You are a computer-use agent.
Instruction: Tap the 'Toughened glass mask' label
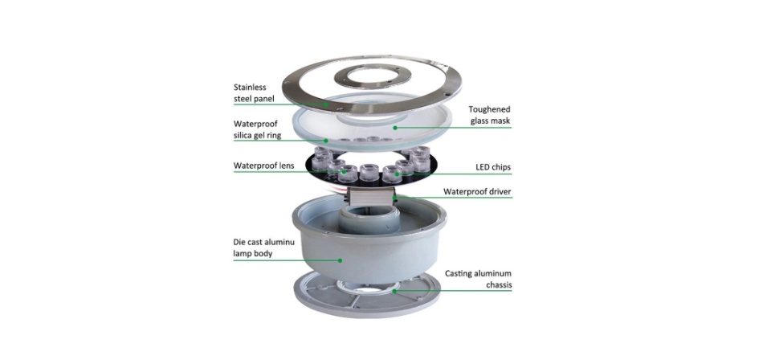[x=489, y=115]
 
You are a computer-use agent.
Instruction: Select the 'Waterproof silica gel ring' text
[x=257, y=130]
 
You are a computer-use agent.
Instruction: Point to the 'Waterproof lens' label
[x=263, y=166]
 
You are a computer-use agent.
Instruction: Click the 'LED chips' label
[x=494, y=167]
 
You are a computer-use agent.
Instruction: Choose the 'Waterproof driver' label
[x=477, y=191]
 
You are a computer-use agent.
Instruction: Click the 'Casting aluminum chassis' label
[x=479, y=280]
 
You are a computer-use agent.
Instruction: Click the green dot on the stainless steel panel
[x=328, y=104]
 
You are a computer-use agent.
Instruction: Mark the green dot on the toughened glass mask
[x=395, y=128]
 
